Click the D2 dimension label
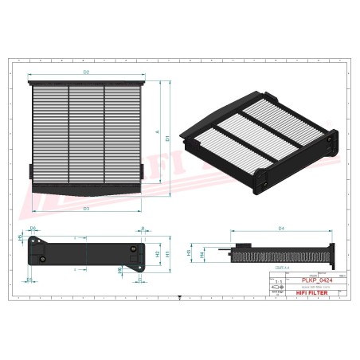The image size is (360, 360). tap(86, 74)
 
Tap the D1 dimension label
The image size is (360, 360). tap(168, 139)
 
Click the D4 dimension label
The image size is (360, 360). tap(281, 229)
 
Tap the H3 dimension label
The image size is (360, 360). tap(189, 252)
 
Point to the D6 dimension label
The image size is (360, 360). tap(33, 229)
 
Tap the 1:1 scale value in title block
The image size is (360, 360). tap(277, 282)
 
